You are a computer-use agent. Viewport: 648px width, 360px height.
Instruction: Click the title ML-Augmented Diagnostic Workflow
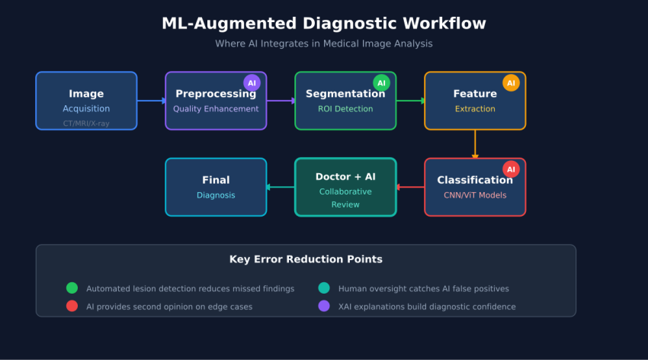pos(323,24)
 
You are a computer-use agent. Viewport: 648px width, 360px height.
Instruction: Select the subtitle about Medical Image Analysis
pos(323,43)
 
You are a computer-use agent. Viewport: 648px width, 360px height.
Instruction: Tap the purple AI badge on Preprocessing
pos(252,82)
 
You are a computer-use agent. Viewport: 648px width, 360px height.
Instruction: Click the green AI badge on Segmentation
pos(381,82)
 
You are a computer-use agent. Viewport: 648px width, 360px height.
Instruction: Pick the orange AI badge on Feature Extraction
pos(511,82)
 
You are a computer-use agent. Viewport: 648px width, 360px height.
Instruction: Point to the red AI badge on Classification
pos(511,169)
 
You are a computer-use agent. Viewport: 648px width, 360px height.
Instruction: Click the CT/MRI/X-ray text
pos(86,123)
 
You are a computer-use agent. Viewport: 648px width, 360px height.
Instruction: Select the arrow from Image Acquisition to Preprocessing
pos(151,101)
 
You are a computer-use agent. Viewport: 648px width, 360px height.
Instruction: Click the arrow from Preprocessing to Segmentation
pos(281,101)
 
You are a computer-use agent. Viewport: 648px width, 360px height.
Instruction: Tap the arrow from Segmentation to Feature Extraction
pos(410,101)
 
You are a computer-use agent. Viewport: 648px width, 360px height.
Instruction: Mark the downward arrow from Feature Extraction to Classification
pos(475,144)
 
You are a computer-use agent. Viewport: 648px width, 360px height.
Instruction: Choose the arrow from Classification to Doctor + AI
pos(410,187)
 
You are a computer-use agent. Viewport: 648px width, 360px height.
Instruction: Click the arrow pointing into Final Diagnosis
pos(281,187)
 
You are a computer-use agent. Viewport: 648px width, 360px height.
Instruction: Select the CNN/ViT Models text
pos(475,195)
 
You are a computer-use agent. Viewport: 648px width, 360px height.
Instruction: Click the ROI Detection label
pos(345,109)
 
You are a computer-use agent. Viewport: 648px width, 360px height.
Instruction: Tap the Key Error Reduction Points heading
pos(306,259)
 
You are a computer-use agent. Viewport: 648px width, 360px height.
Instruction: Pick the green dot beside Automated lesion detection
pos(72,288)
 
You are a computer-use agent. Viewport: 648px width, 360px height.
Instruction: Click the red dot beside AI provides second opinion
pos(72,306)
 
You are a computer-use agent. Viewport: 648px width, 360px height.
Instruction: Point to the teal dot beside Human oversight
pos(324,288)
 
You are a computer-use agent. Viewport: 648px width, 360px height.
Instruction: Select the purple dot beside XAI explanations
pos(324,306)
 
